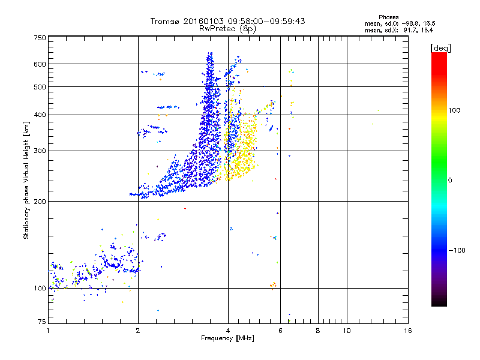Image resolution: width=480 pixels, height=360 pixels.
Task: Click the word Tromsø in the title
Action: [x=165, y=21]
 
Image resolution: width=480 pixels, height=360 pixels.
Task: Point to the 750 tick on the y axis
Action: [x=40, y=38]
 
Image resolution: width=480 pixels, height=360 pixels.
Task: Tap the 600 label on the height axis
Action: [x=40, y=64]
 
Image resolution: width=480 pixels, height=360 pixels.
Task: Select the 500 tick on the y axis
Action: [x=40, y=87]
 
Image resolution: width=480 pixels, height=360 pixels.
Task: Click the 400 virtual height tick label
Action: [x=40, y=115]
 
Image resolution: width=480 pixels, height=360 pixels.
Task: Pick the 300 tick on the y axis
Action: [x=40, y=151]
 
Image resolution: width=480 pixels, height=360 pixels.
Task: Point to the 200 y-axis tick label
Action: [x=40, y=201]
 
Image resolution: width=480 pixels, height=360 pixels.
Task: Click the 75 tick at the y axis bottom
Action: [x=41, y=322]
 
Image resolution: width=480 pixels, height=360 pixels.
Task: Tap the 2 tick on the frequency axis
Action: [x=138, y=331]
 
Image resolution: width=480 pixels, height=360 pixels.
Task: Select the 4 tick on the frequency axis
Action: [x=228, y=331]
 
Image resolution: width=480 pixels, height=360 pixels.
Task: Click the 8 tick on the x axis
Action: [x=318, y=331]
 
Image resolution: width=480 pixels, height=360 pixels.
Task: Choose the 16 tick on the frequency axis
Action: [x=407, y=331]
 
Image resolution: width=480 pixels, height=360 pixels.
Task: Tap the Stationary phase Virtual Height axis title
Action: [x=26, y=179]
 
